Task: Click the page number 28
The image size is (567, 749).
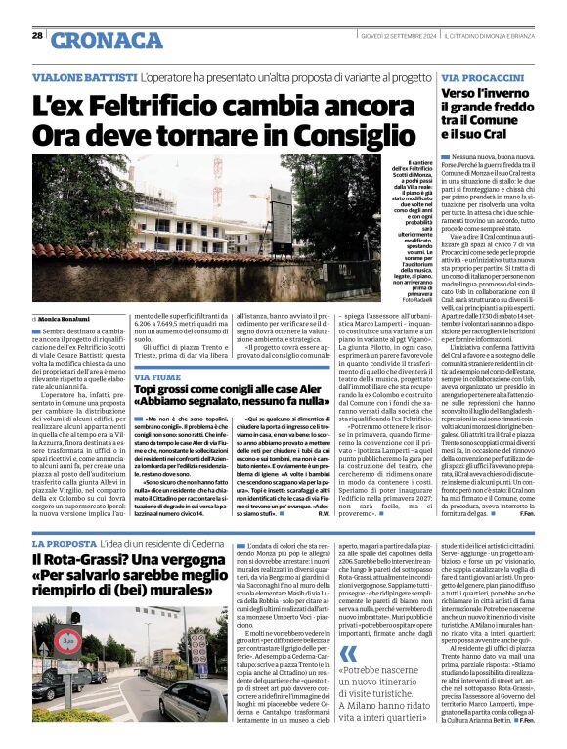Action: click(37, 36)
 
